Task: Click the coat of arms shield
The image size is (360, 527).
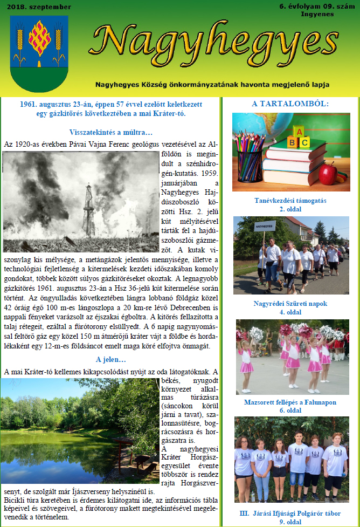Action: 39,53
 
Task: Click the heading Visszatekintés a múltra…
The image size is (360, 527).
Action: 112,132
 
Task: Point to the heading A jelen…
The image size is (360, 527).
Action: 111,360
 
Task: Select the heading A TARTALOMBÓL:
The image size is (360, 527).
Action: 290,104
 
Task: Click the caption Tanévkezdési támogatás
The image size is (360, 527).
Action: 290,201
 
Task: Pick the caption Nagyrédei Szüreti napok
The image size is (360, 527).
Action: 290,304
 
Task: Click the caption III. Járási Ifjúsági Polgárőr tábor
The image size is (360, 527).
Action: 290,514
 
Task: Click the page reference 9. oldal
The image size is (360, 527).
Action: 290,522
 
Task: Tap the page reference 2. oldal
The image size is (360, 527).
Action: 290,209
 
